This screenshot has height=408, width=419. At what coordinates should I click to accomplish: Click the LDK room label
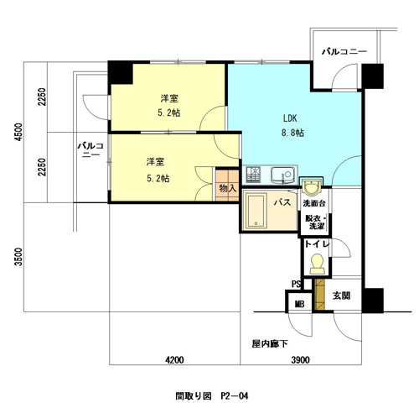point(290,118)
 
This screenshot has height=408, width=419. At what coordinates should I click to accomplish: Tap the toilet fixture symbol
point(317,264)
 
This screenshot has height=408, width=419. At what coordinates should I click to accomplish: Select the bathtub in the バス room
point(256,211)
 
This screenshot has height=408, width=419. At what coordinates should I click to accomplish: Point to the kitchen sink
point(282,175)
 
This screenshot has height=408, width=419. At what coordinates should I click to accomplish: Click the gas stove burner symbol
point(253,174)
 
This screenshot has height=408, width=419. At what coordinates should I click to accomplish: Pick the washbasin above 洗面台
point(311,186)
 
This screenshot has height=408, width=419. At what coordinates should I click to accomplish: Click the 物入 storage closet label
point(228,188)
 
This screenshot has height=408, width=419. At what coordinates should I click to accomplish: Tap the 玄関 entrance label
point(341,296)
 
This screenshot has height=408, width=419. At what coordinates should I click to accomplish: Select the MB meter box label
point(300,304)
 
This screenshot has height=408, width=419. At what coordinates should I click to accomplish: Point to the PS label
point(296,285)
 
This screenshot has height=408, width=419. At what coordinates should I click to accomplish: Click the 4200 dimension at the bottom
point(174,359)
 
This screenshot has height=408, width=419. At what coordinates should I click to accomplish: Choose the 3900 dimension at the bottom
point(301,359)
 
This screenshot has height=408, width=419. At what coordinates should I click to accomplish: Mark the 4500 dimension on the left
point(18,132)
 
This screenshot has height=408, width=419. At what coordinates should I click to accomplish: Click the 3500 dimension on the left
point(18,256)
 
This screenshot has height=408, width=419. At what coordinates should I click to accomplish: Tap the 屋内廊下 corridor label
point(270,343)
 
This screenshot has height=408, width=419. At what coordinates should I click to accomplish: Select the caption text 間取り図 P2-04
point(212,396)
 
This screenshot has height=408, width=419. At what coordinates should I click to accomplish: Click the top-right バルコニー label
point(344,52)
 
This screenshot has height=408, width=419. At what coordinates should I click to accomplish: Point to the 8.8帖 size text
point(292,133)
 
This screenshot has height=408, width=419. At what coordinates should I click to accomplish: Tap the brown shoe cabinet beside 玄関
point(319,295)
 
